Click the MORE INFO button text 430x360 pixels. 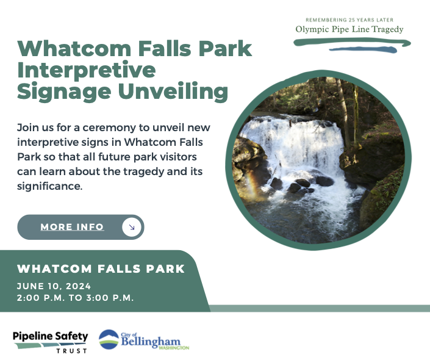tap(72, 227)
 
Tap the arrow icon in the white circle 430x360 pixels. tap(132, 227)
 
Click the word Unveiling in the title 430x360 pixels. tap(173, 91)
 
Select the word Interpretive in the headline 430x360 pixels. tap(87, 70)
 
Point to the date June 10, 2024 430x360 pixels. tap(54, 286)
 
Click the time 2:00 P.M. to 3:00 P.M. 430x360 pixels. tap(76, 298)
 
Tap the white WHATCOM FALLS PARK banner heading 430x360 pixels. tap(101, 268)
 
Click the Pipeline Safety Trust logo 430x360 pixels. tap(51, 342)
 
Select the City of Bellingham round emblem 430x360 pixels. tap(109, 339)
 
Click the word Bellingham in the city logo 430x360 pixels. tap(151, 342)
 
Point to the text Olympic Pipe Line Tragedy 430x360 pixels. tap(349, 29)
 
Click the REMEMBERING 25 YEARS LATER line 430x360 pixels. tap(349, 20)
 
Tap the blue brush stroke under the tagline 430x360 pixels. tap(363, 49)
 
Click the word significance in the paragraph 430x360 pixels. tap(49, 186)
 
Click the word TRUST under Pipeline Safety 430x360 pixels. tap(72, 351)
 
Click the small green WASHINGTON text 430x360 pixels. tap(174, 348)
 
